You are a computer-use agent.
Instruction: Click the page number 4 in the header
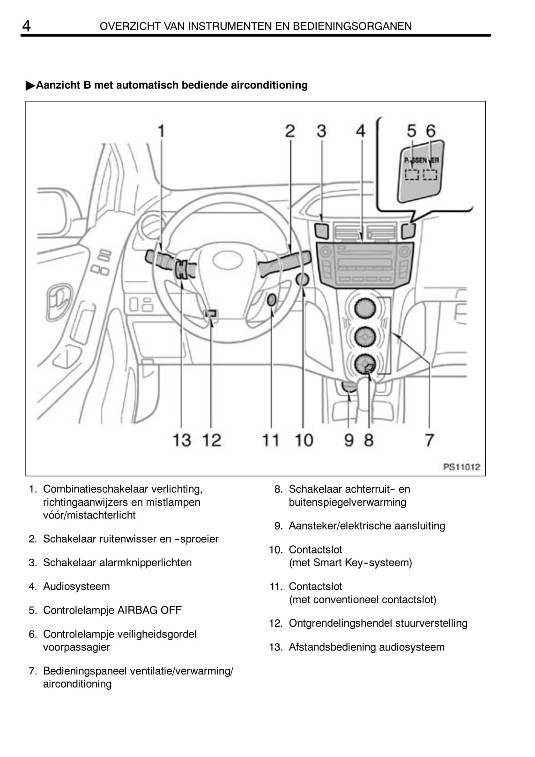(27, 26)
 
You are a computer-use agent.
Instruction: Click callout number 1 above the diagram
(161, 131)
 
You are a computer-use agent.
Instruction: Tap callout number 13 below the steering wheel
(182, 440)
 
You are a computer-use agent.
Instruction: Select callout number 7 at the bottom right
(429, 440)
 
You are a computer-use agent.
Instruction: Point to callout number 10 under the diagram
(304, 440)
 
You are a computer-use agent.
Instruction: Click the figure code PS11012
(461, 467)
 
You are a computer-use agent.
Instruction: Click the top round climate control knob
(365, 308)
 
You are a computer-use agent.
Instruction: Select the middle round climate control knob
(365, 336)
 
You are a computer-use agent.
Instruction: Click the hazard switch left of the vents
(322, 230)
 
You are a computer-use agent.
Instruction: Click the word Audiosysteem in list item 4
(76, 586)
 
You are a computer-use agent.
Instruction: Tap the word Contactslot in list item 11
(315, 586)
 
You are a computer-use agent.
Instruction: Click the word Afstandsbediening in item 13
(332, 647)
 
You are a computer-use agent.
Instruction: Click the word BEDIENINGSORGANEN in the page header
(352, 26)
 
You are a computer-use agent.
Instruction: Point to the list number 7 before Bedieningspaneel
(32, 671)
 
